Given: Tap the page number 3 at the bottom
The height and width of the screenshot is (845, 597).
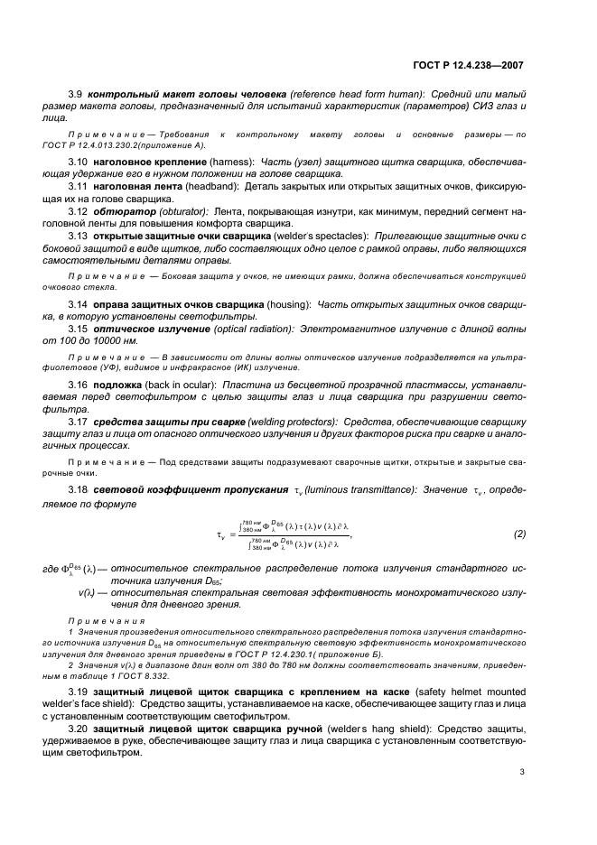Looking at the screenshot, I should pos(522,773).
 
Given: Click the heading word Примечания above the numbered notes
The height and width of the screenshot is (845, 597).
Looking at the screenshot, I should pos(93,622).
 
